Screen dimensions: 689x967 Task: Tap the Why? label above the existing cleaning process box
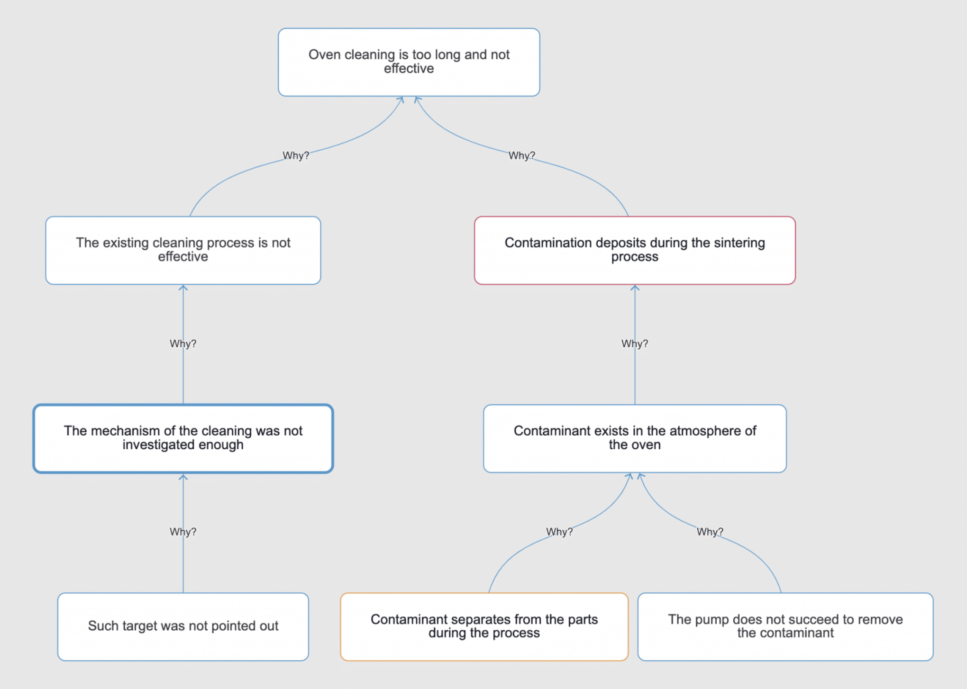295,155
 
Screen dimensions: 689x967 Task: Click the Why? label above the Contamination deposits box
521,155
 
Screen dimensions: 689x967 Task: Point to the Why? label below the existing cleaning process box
183,344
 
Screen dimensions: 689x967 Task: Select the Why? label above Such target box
183,532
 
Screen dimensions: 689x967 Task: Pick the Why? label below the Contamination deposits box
634,344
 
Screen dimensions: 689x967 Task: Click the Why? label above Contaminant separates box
559,532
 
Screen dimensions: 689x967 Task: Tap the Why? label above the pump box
710,532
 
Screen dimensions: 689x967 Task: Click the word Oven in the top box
324,54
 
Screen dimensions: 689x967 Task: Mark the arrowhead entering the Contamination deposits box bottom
635,288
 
